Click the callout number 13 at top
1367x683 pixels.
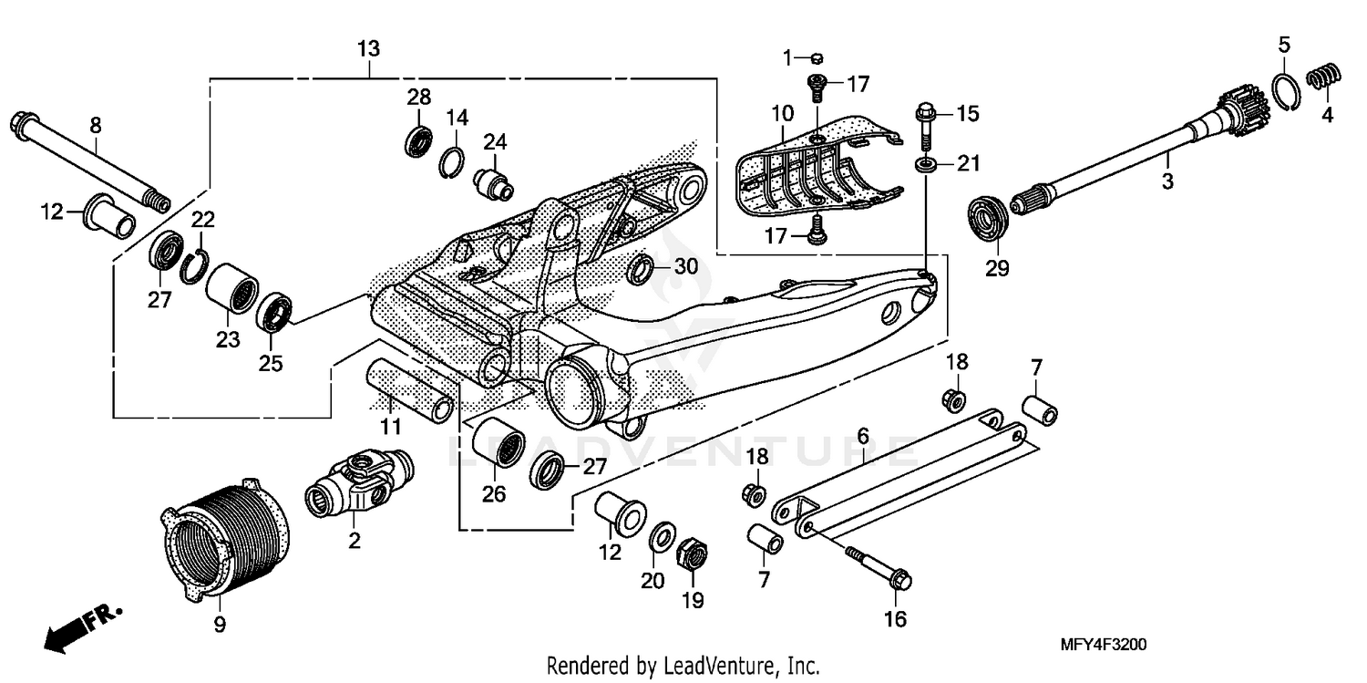pyautogui.click(x=368, y=48)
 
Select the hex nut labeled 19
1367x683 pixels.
pyautogui.click(x=692, y=554)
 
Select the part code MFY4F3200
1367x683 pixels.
pyautogui.click(x=1104, y=645)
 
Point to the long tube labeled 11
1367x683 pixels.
pyautogui.click(x=410, y=389)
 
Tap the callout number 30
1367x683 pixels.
pyautogui.click(x=685, y=267)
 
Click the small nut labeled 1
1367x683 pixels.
pyautogui.click(x=817, y=59)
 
